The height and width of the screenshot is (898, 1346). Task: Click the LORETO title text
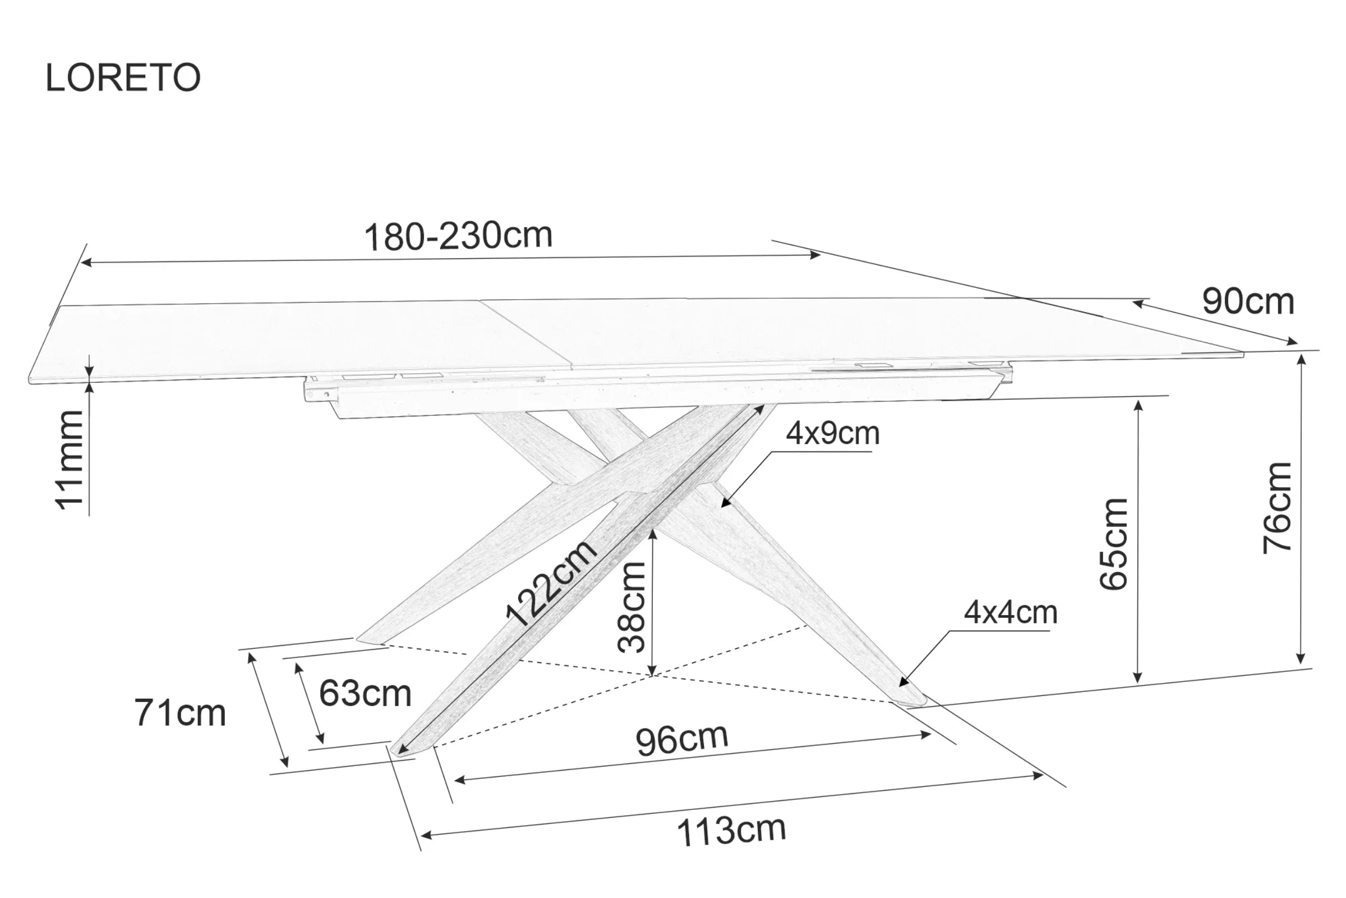[x=123, y=77]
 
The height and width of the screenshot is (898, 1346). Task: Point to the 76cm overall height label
[x=1278, y=508]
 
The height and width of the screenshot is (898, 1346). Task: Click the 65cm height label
[x=1114, y=544]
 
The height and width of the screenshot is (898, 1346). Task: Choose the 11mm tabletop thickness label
[x=69, y=460]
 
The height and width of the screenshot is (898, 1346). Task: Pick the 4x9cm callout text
[x=833, y=433]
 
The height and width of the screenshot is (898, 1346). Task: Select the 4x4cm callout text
[x=1011, y=613]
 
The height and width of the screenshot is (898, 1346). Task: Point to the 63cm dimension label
[x=365, y=694]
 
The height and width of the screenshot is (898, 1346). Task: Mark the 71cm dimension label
[x=180, y=713]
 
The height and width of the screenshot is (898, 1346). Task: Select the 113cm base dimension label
[x=731, y=831]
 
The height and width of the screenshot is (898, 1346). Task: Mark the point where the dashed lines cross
[x=652, y=676]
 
